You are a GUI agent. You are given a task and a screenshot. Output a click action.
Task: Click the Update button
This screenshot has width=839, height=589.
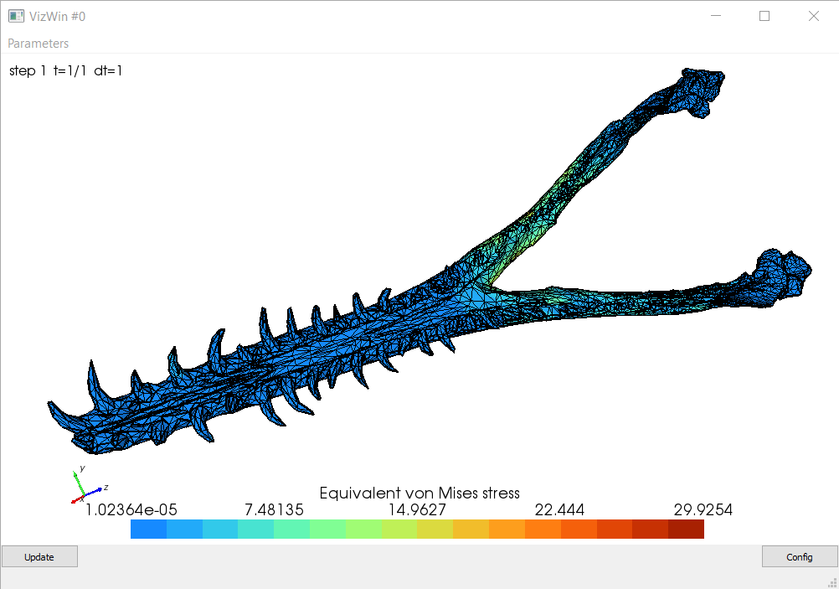[39, 557]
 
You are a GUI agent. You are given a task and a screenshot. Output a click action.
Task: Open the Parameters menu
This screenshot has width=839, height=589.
[38, 44]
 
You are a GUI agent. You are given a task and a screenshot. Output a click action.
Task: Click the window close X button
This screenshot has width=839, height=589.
[814, 16]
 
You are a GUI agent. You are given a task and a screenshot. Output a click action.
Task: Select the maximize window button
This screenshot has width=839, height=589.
[764, 16]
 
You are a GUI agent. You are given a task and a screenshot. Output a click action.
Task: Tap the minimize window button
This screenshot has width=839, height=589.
[716, 16]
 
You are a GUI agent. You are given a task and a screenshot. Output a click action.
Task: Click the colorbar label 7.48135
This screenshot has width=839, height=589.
[274, 509]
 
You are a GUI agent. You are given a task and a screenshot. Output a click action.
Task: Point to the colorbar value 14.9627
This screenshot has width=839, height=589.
[417, 509]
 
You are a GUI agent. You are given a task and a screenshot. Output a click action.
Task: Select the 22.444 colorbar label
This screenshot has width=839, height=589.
[559, 509]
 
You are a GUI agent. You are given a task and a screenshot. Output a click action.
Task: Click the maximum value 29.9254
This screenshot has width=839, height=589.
[703, 509]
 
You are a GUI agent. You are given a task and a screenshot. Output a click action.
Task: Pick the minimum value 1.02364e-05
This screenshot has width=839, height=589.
[131, 509]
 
